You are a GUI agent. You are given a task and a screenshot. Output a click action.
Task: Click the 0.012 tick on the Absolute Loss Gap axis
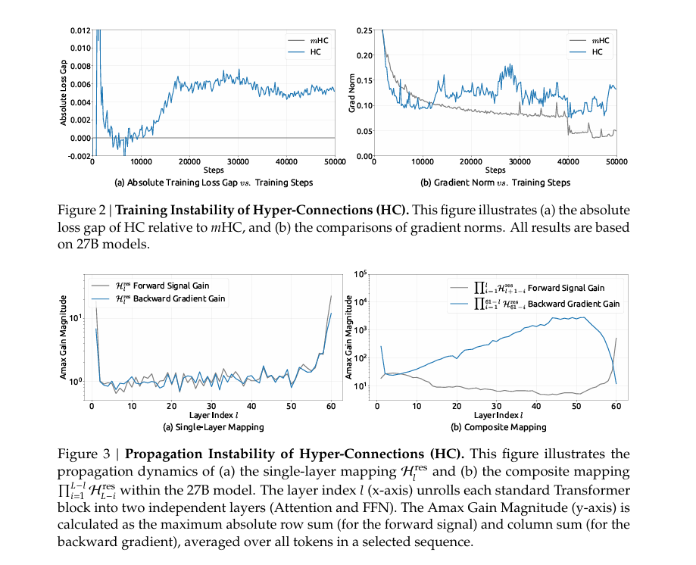78,30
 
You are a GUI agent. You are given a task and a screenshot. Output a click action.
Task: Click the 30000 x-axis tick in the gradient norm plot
520,161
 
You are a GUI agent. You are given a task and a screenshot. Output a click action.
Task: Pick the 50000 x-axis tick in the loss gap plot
334,161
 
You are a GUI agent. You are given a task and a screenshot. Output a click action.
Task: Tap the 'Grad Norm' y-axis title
351,93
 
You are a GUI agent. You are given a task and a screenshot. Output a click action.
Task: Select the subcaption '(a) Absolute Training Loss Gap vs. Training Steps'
213,183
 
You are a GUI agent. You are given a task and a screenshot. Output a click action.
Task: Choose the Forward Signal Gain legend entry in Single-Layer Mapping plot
164,286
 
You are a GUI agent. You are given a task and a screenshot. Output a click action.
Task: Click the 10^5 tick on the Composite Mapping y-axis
359,274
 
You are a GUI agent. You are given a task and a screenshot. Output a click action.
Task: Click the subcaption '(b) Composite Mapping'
499,427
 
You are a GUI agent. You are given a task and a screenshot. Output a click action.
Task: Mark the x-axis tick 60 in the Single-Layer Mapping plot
331,406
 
